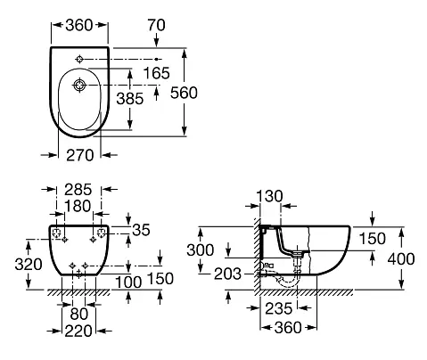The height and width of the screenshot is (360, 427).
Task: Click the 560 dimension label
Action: [184, 93]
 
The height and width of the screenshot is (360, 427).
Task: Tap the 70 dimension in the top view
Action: [156, 25]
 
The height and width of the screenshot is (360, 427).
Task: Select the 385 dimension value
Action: [130, 99]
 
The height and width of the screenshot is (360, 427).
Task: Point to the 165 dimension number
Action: [156, 73]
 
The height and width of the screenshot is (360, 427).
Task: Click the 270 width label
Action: [79, 155]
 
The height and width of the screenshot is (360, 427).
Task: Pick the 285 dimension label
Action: [78, 190]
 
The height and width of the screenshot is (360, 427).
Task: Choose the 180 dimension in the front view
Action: [78, 206]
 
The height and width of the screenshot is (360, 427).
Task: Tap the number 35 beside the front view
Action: [141, 230]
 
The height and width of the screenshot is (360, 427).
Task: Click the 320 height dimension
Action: [29, 264]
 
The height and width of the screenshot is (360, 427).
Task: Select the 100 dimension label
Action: [128, 282]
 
